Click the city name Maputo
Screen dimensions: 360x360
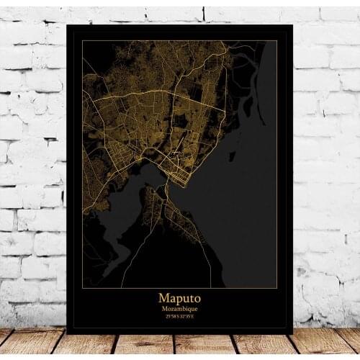180,296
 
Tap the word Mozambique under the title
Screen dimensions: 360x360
180,307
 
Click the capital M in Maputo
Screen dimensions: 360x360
163,296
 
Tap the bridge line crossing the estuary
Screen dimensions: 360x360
166,189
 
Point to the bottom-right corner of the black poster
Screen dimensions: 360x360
292,333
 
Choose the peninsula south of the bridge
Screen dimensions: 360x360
173,216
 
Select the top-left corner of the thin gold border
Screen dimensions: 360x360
82,41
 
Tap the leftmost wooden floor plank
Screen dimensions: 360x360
22,344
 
